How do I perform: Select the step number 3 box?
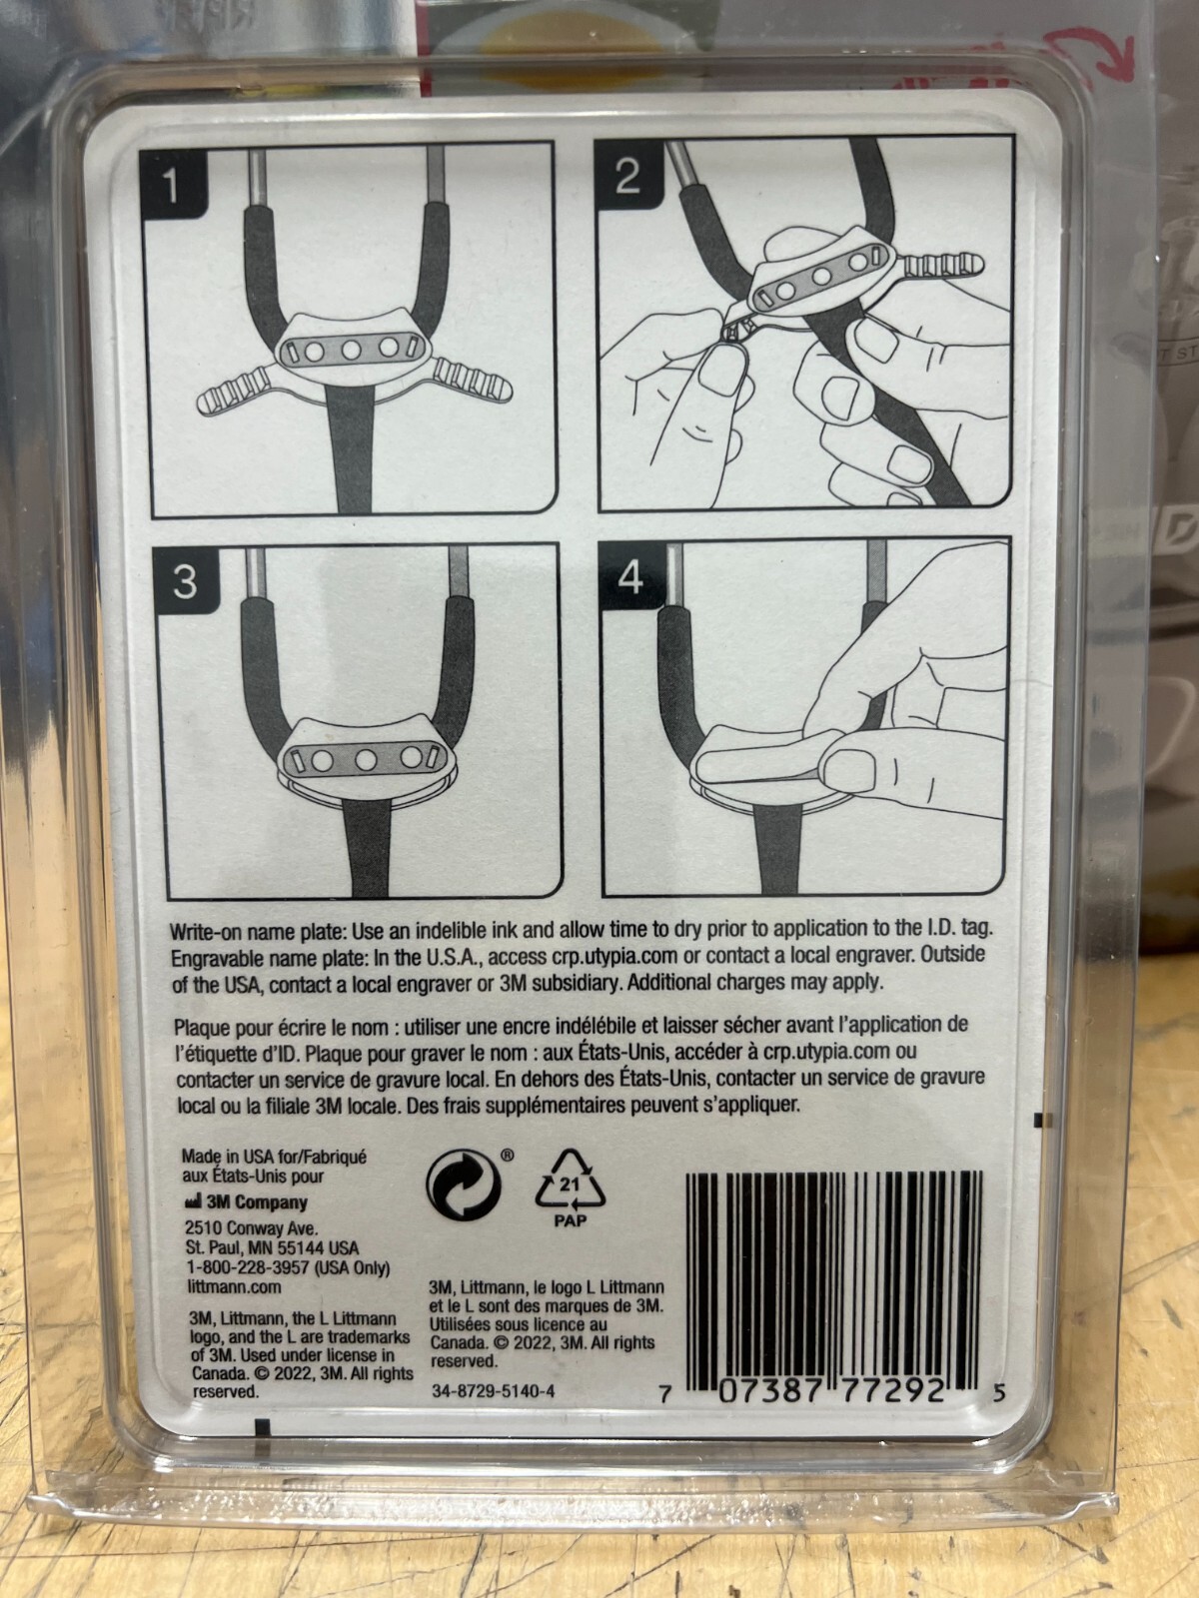tap(185, 583)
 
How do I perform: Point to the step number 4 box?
tap(630, 577)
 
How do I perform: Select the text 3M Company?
tap(246, 1202)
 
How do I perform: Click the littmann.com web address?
tap(233, 1286)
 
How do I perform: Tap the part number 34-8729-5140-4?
tap(493, 1390)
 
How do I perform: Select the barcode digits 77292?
tap(893, 1391)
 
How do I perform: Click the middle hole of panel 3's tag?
tap(366, 760)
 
